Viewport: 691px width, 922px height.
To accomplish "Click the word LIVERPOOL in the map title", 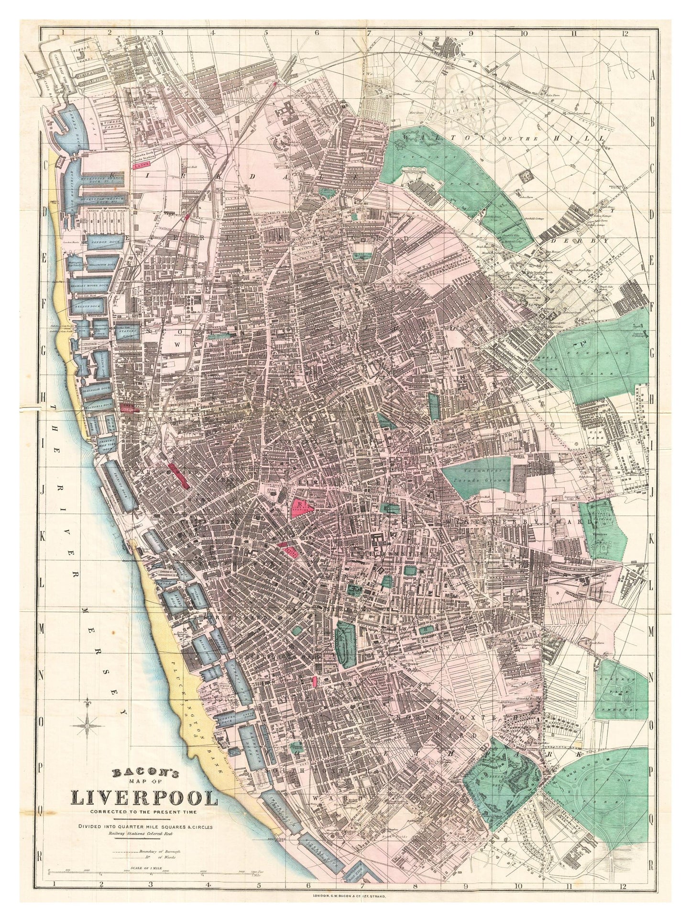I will pyautogui.click(x=144, y=799).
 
